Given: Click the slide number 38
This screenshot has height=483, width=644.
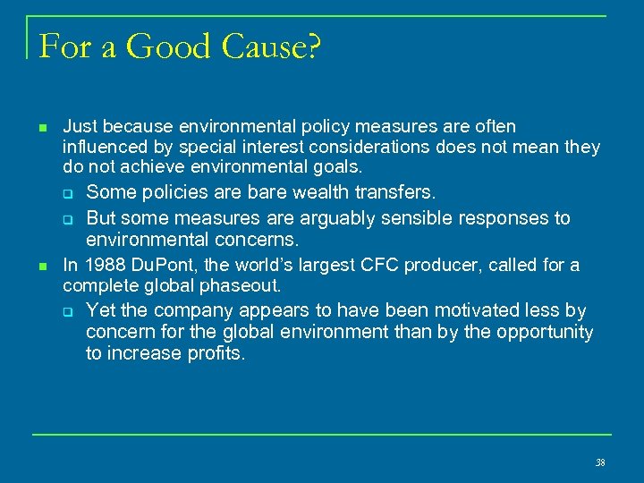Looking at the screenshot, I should (x=600, y=462).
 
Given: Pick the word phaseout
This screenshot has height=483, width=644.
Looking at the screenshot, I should (x=244, y=286).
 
